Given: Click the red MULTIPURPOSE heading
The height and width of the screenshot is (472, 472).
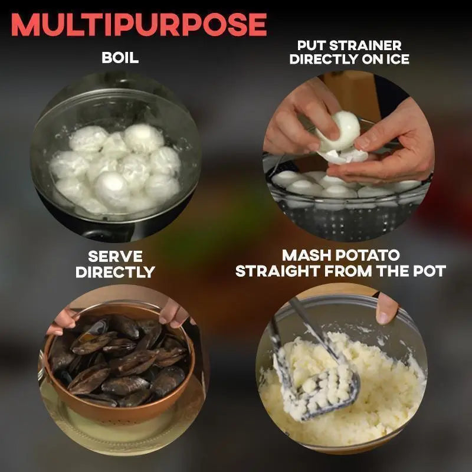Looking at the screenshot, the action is pyautogui.click(x=139, y=25).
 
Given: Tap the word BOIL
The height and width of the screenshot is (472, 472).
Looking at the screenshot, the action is pyautogui.click(x=120, y=57).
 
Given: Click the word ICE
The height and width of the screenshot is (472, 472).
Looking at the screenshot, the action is pyautogui.click(x=398, y=59).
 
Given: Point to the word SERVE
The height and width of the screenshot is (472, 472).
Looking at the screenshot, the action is pyautogui.click(x=115, y=257).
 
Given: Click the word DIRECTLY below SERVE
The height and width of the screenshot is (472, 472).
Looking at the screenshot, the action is pyautogui.click(x=115, y=272).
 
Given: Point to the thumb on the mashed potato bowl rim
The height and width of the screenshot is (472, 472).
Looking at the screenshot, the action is pyautogui.click(x=386, y=309).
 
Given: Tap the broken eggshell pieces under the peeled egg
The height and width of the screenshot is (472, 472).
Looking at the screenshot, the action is pyautogui.click(x=343, y=156).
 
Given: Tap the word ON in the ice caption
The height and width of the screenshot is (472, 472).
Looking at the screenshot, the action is pyautogui.click(x=373, y=59).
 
